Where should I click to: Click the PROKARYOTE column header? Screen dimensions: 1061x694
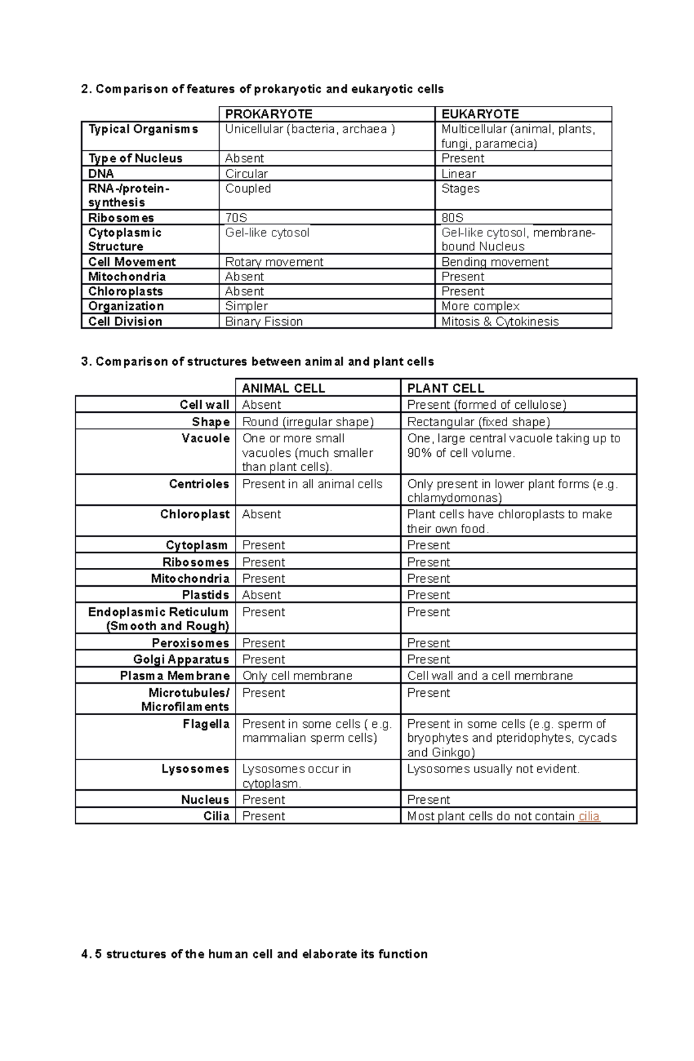tap(268, 114)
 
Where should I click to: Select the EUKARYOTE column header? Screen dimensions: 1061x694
tap(479, 114)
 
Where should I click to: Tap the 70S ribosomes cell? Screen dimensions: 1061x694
tap(236, 218)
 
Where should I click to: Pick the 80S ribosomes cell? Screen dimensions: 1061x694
tap(452, 218)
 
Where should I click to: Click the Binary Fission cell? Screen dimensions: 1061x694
tap(264, 321)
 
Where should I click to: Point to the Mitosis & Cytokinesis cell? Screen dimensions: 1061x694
tap(500, 321)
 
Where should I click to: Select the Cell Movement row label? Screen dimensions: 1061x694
tap(132, 262)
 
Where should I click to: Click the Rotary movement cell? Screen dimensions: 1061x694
tap(274, 262)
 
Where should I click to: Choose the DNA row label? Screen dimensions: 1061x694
tap(101, 173)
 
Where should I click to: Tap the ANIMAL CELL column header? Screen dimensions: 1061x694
tap(283, 388)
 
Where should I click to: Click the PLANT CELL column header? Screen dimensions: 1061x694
tap(445, 388)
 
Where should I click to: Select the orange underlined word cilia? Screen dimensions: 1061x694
tap(589, 816)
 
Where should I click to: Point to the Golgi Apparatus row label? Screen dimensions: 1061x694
tap(181, 659)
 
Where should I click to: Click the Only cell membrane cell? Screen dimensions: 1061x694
tap(297, 675)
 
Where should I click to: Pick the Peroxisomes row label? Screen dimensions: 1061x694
tap(190, 643)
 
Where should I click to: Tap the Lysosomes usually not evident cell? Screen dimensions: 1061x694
tap(493, 769)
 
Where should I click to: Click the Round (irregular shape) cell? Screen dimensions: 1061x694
tap(308, 422)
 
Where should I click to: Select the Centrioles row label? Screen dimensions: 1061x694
tap(199, 484)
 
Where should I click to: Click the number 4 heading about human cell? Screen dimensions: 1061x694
tap(254, 954)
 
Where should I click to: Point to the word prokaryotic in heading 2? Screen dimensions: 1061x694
tap(288, 89)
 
